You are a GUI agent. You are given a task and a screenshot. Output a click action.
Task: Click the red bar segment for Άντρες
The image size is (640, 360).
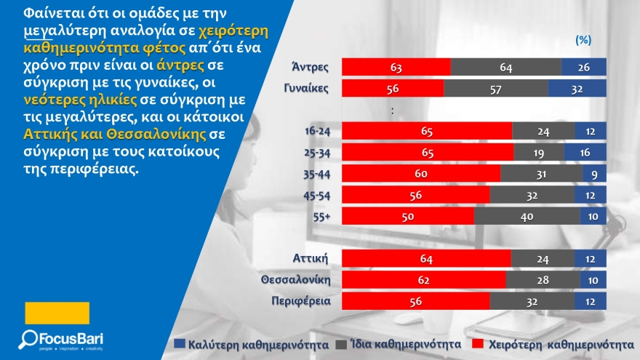[396, 68]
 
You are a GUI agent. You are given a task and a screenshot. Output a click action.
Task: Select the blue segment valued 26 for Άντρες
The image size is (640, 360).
[584, 68]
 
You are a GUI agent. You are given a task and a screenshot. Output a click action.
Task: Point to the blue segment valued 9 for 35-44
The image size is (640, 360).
[594, 175]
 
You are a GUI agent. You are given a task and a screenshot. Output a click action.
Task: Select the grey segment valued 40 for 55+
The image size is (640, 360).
[527, 217]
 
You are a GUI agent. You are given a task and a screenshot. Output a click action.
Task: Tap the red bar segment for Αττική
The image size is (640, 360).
[426, 258]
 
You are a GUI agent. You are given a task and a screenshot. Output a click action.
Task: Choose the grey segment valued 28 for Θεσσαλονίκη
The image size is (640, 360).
[540, 279]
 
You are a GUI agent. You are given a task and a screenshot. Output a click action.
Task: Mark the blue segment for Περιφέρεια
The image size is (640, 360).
[590, 300]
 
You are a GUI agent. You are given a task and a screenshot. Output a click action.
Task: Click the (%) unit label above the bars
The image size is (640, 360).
[583, 41]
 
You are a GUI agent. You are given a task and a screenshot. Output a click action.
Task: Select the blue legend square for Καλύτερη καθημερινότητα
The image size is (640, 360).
[178, 342]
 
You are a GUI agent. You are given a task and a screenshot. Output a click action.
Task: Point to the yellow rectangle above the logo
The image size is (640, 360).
[57, 313]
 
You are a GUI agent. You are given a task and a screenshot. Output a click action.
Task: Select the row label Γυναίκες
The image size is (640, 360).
[307, 89]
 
